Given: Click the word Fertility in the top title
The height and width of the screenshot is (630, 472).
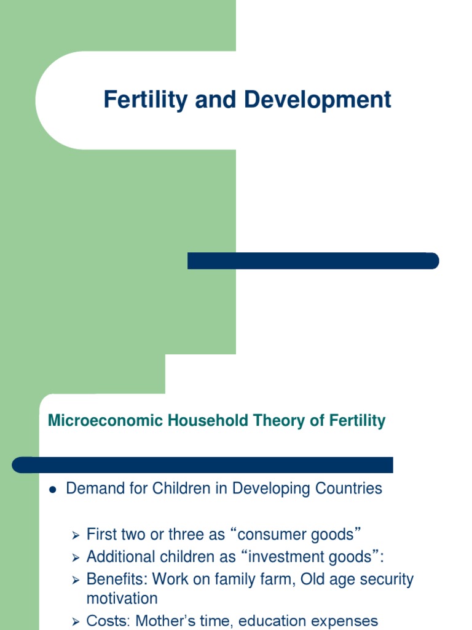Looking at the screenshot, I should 145,100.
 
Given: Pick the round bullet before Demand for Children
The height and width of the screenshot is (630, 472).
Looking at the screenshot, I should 53,490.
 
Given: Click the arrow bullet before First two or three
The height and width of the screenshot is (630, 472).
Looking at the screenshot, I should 76,535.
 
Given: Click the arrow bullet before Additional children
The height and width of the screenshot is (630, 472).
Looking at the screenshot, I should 76,558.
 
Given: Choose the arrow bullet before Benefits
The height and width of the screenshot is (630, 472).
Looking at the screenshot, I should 76,580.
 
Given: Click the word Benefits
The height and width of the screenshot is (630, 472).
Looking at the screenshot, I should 117,579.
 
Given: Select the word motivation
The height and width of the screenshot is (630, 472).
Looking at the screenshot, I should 122,598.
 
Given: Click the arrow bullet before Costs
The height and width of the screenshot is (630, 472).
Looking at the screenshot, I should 76,622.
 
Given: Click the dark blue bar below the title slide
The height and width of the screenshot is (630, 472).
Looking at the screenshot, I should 313,261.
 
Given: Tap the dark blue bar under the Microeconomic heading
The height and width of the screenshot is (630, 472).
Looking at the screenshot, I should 203,465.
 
